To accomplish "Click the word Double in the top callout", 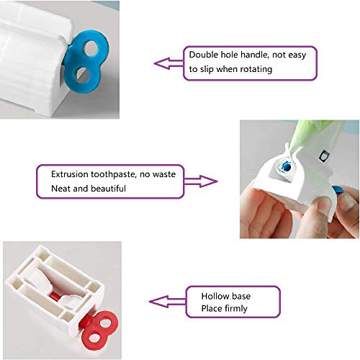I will [204, 55].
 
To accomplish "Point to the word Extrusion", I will [71, 174].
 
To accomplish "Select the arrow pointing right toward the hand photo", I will [207, 180].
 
